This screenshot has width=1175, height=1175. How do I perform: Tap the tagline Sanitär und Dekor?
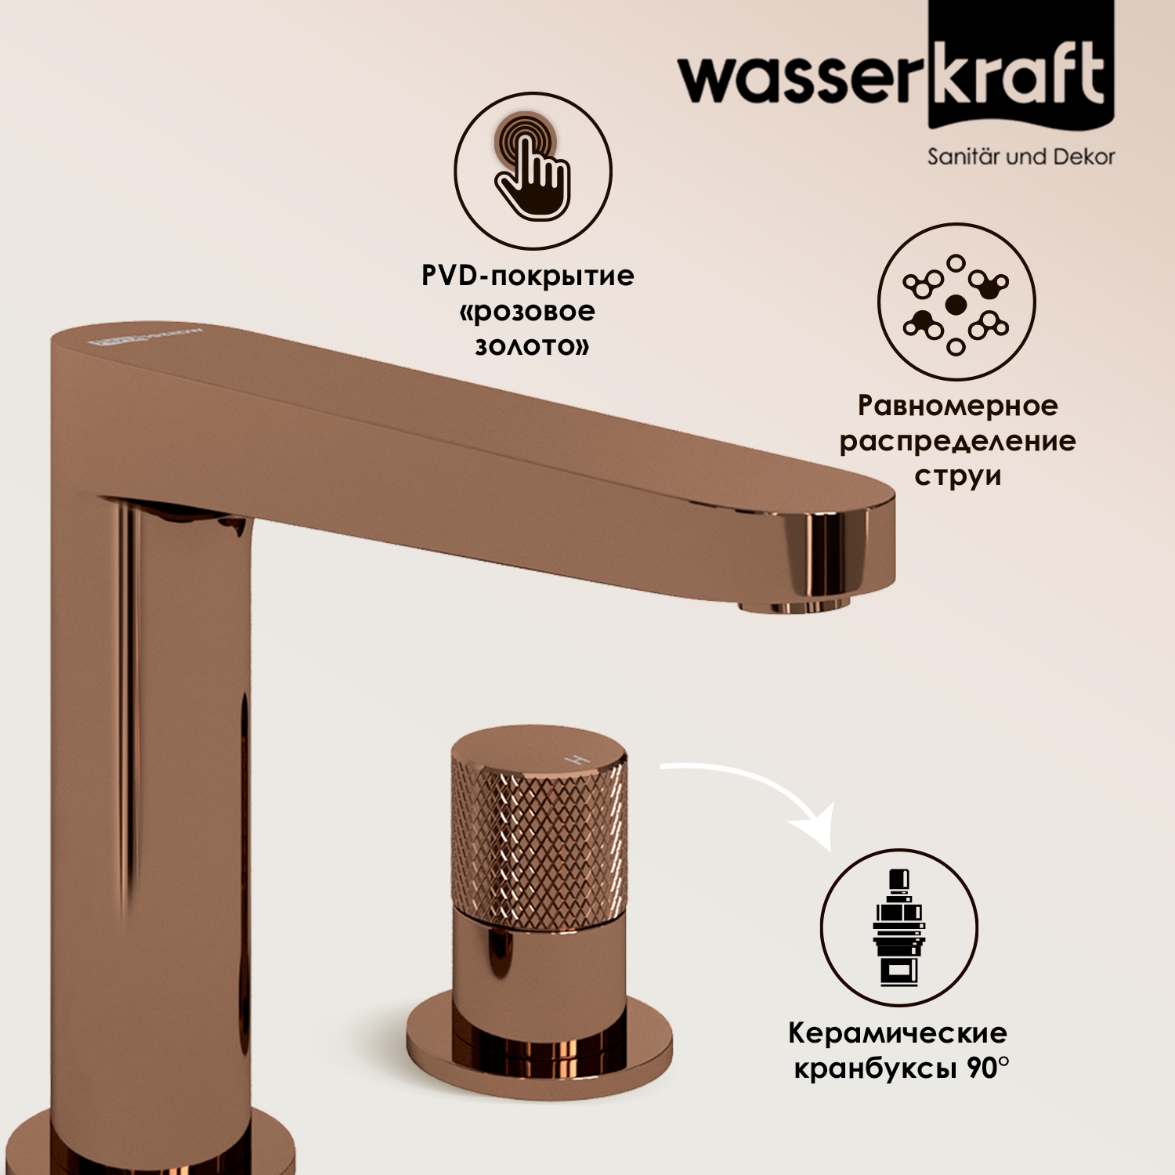pyautogui.click(x=1021, y=157)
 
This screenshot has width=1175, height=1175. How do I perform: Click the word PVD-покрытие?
pyautogui.click(x=528, y=276)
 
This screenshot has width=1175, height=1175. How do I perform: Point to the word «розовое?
pyautogui.click(x=527, y=311)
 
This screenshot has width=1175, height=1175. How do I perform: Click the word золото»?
pyautogui.click(x=532, y=346)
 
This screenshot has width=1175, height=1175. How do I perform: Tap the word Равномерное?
pyautogui.click(x=957, y=406)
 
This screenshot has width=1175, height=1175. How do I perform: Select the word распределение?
pyautogui.click(x=957, y=441)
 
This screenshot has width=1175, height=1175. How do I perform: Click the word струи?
pyautogui.click(x=957, y=476)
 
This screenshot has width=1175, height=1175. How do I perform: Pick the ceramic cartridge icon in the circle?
pyautogui.click(x=899, y=927)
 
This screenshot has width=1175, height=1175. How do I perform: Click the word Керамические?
pyautogui.click(x=898, y=1032)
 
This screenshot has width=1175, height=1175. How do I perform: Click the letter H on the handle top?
pyautogui.click(x=578, y=760)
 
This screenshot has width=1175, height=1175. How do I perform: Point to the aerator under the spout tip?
pyautogui.click(x=794, y=605)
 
